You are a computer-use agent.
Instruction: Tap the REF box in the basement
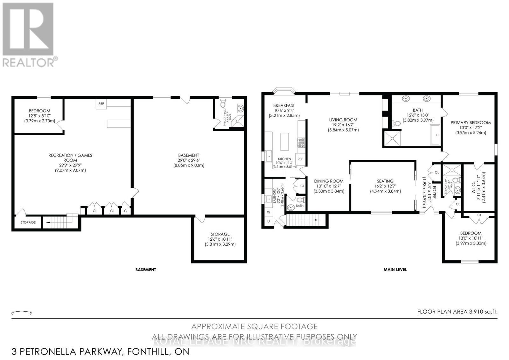101,104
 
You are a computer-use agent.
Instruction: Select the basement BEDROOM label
39,111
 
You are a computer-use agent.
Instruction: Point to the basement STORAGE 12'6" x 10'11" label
220,234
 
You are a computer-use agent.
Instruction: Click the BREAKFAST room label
284,106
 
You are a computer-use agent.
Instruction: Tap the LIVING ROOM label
343,120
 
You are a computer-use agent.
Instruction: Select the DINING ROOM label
329,181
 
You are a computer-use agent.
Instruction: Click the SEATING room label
385,181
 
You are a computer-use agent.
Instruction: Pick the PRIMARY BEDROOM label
471,123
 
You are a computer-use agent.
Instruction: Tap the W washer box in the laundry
268,212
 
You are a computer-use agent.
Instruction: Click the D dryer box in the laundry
268,221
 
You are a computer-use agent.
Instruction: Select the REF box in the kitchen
300,159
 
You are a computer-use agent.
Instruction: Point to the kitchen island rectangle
284,142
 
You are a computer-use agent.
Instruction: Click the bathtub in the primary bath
435,135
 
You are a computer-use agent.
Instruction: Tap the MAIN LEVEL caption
395,269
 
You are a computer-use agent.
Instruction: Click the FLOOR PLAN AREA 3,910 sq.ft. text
457,312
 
